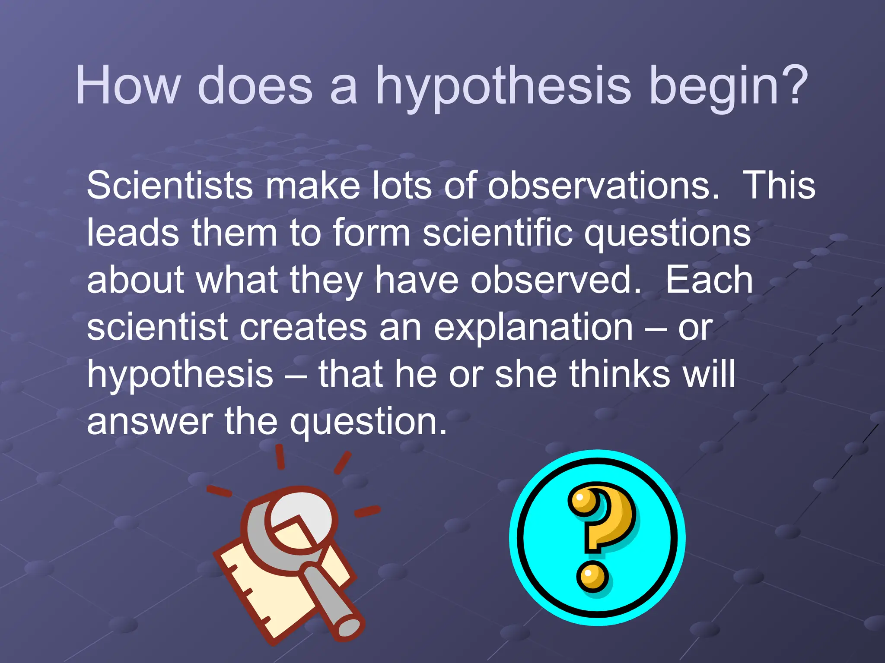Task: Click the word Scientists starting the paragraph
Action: (170, 186)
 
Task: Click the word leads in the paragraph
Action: (133, 233)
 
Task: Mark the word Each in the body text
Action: (709, 280)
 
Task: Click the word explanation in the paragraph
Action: (533, 328)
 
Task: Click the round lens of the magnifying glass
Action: (302, 520)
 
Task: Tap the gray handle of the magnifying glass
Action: (333, 604)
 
